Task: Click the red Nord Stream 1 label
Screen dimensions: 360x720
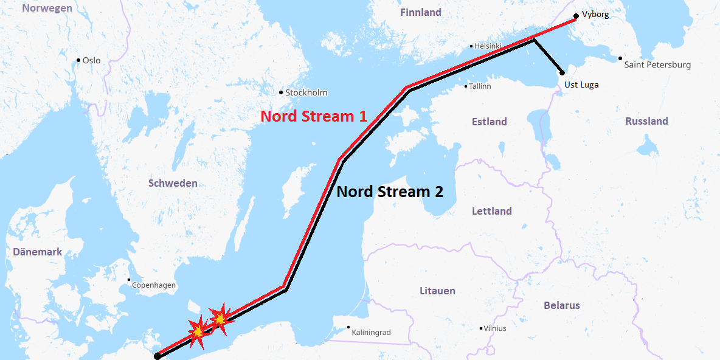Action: [x=314, y=116]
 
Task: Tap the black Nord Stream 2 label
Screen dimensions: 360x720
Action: [x=390, y=192]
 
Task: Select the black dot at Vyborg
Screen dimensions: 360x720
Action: [x=576, y=16]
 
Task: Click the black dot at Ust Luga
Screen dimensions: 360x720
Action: [x=562, y=73]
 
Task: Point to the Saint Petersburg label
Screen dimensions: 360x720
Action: [x=657, y=64]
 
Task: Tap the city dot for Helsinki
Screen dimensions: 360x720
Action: [x=471, y=46]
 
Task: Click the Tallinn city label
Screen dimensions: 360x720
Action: [x=480, y=86]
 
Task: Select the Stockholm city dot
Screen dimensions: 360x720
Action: [x=281, y=92]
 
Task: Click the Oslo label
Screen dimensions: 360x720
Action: [x=92, y=60]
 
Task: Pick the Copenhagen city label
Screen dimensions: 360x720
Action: [x=154, y=285]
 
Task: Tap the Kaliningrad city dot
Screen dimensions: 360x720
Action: [x=348, y=327]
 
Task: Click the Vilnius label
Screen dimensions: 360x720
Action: [x=494, y=328]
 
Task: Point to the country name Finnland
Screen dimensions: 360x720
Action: [x=421, y=12]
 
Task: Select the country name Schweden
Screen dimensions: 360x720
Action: [x=173, y=183]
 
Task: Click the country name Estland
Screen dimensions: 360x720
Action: [x=489, y=122]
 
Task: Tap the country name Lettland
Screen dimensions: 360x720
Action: [x=492, y=211]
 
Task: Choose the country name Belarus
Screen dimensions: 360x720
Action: [x=562, y=305]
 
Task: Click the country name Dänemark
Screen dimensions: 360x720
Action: [x=37, y=252]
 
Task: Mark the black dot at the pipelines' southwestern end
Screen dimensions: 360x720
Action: [x=157, y=356]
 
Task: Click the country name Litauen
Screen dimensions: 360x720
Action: [x=437, y=291]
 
